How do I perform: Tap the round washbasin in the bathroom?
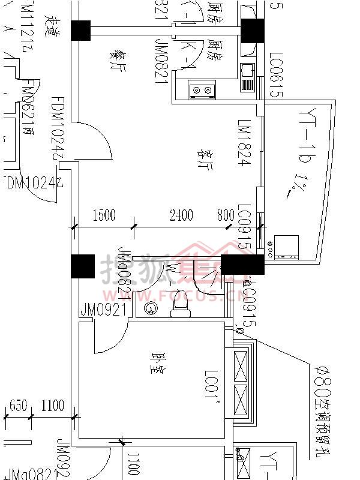pyautogui.click(x=150, y=309)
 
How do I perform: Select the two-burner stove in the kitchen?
pyautogui.click(x=202, y=90)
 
